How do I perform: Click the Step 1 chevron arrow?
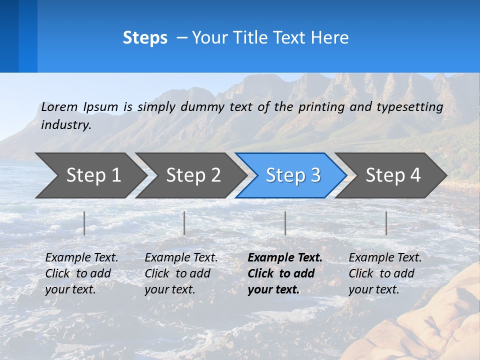point(90,175)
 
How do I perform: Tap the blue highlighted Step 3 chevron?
point(292,175)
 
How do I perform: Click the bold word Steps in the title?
point(145,37)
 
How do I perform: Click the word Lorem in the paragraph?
point(59,106)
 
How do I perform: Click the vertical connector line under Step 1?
point(84,223)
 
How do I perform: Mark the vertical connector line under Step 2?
point(184,223)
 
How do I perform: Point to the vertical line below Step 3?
point(285,223)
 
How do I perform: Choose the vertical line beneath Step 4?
point(386,223)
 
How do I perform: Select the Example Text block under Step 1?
point(81,273)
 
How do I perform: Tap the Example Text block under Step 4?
point(384,273)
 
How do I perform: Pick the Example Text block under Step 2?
point(180,273)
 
